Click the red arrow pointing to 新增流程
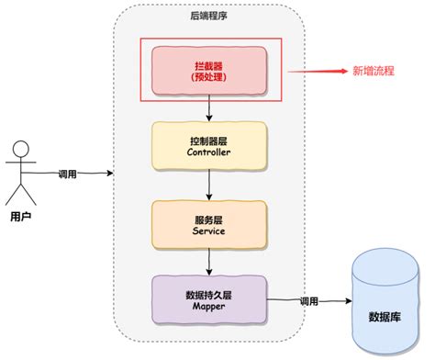coord(317,71)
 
